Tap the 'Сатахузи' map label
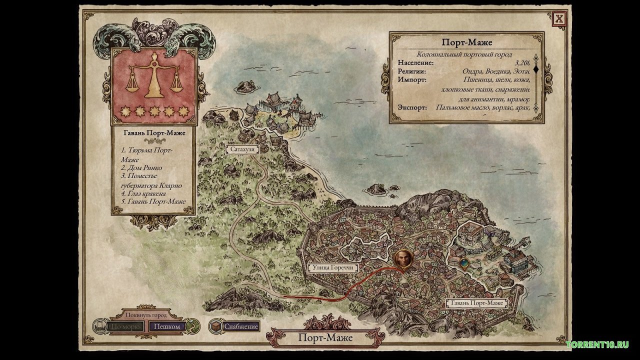pos(241,149)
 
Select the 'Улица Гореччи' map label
pos(333,267)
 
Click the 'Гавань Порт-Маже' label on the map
pos(476,303)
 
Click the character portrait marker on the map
pos(403,259)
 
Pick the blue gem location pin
pos(465,262)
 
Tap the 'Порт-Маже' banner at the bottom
pos(325,337)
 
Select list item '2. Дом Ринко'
pos(141,168)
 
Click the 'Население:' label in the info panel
pos(416,63)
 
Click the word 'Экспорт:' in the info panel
pos(413,107)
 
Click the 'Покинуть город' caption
pos(146,315)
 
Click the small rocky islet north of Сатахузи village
pos(245,86)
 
